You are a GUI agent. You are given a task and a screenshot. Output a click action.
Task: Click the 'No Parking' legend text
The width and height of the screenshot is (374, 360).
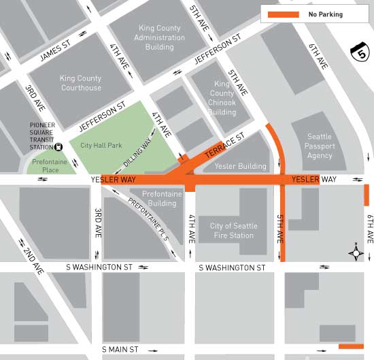tap(326, 14)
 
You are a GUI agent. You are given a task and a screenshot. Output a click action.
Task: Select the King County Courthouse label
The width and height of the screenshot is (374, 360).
tap(81, 83)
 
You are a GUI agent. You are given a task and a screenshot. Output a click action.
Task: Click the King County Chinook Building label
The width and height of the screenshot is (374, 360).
tap(222, 97)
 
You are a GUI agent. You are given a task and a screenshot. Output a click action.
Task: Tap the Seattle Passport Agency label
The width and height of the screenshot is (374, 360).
tap(320, 146)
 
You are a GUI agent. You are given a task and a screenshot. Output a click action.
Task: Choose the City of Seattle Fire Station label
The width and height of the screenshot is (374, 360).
tap(233, 231)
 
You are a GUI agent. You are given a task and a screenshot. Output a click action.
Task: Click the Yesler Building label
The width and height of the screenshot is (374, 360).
tap(240, 166)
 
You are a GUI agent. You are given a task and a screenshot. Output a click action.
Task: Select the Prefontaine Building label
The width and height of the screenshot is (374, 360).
tap(162, 199)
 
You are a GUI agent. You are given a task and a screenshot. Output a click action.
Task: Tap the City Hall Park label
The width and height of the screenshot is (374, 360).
tap(102, 146)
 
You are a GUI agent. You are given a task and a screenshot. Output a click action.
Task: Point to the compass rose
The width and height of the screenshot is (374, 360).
tap(356, 253)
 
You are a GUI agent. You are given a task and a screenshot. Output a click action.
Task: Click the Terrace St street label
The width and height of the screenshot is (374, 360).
tap(225, 146)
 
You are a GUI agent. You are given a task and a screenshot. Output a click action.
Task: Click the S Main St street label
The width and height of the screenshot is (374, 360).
tap(120, 350)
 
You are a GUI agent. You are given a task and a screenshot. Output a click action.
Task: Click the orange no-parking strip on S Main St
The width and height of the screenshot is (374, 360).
tap(351, 346)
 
